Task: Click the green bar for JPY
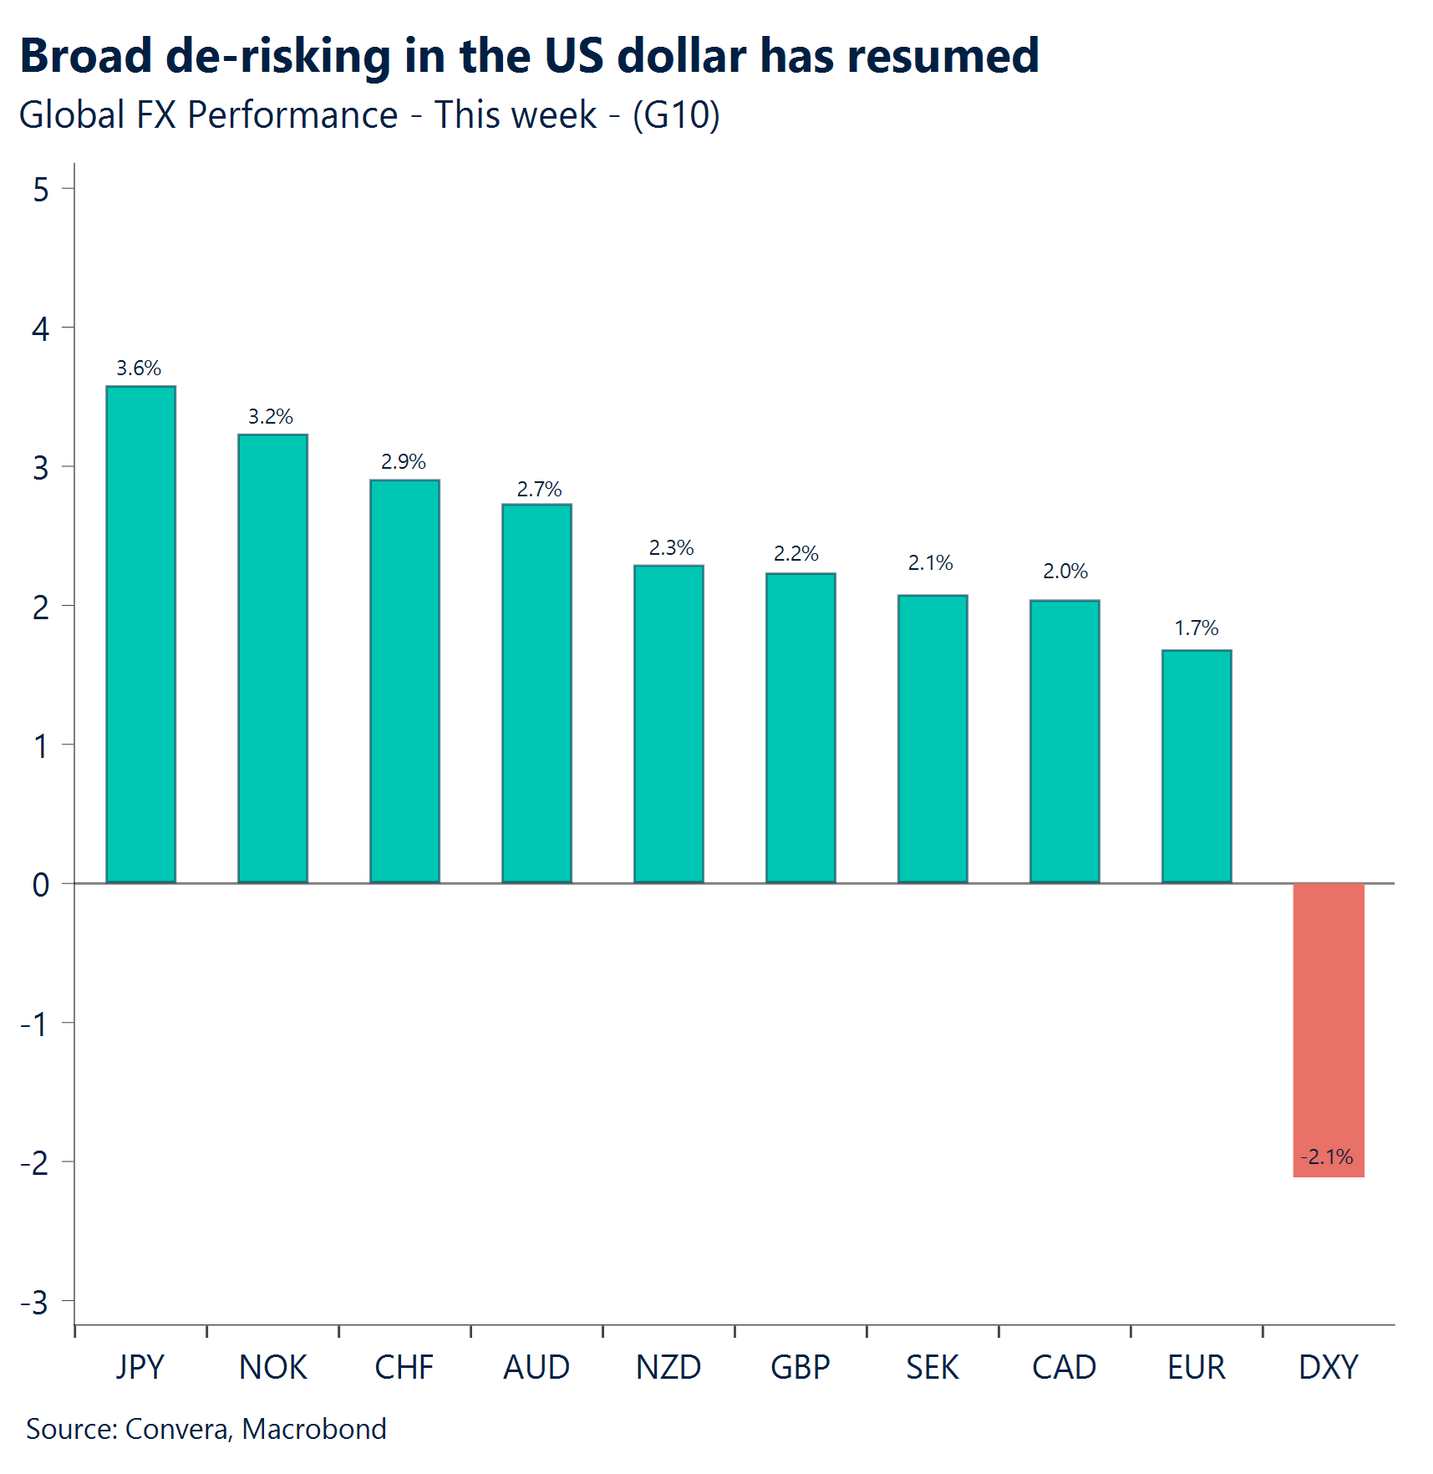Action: (140, 635)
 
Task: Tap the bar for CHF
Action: (404, 681)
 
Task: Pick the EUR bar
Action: (1197, 766)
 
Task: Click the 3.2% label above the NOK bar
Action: (271, 416)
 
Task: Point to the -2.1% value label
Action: (1327, 1156)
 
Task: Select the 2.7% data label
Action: (539, 489)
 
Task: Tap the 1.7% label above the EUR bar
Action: (1197, 628)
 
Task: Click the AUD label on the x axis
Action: (536, 1368)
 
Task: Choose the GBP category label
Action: (800, 1368)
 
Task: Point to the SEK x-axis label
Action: (932, 1368)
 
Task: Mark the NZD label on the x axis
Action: (668, 1368)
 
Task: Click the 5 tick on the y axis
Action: (41, 191)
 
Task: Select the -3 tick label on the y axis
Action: (35, 1303)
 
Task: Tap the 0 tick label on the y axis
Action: (41, 885)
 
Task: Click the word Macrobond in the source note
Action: (314, 1429)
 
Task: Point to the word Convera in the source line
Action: (177, 1429)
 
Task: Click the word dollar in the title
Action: (682, 56)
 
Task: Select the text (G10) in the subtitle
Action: (676, 114)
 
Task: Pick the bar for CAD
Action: (1065, 741)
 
